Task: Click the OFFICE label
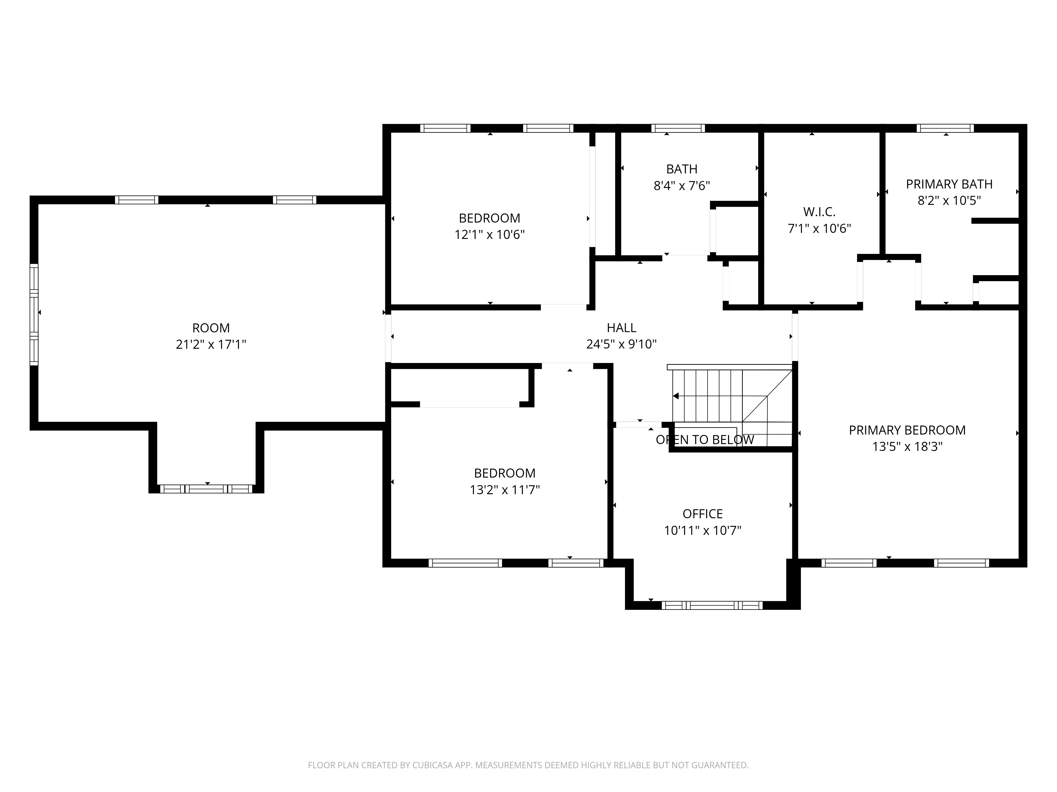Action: point(702,514)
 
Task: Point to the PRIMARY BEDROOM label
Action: point(907,430)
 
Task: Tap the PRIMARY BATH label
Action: point(949,184)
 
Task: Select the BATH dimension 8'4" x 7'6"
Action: point(682,186)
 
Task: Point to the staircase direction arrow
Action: point(676,396)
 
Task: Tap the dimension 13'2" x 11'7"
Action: point(505,490)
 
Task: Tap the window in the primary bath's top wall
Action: point(945,128)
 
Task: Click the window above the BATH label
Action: point(678,128)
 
